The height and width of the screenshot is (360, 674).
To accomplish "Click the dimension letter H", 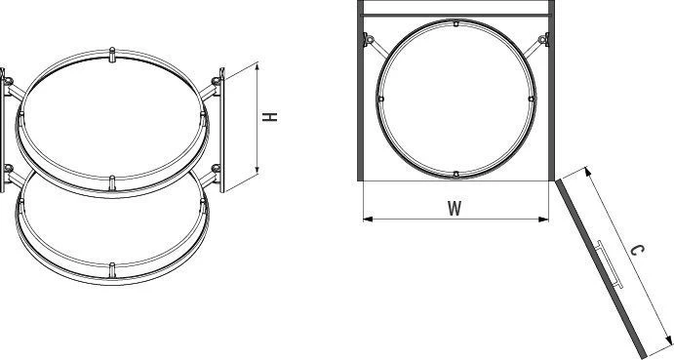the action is tap(270, 116).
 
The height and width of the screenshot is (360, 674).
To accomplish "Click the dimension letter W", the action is tap(455, 208).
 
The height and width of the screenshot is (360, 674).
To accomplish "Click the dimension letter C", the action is tap(638, 251).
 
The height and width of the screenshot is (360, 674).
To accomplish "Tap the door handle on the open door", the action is tap(610, 264).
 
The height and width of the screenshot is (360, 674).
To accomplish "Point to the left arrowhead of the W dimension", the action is tap(368, 220).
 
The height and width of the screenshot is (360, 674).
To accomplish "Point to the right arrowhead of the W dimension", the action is tap(543, 220).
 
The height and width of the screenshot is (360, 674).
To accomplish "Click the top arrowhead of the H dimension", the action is tap(258, 66).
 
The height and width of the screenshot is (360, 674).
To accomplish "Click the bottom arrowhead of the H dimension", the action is tap(258, 170).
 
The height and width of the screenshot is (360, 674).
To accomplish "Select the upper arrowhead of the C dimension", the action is tap(587, 172).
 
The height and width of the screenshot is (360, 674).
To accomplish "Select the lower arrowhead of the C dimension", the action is tap(669, 340).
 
